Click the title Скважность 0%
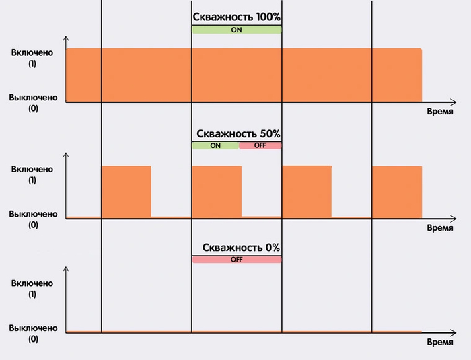(236, 248)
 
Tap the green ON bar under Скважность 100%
(236, 30)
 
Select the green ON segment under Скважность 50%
(215, 145)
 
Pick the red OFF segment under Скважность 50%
(260, 145)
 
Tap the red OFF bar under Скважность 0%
(236, 260)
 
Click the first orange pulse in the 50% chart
(126, 191)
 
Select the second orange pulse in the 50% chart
(216, 191)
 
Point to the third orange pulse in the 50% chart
(306, 191)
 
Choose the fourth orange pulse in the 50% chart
(397, 191)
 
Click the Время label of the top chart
(440, 113)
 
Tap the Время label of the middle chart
(440, 228)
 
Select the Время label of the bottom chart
(440, 342)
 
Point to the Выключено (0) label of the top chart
(33, 103)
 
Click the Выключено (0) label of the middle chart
(33, 219)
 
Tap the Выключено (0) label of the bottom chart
(33, 334)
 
